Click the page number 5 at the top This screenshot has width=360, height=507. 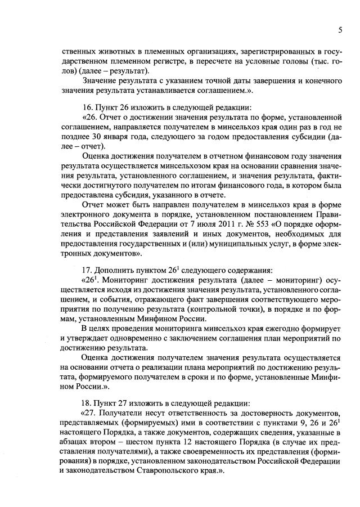pyautogui.click(x=340, y=29)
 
